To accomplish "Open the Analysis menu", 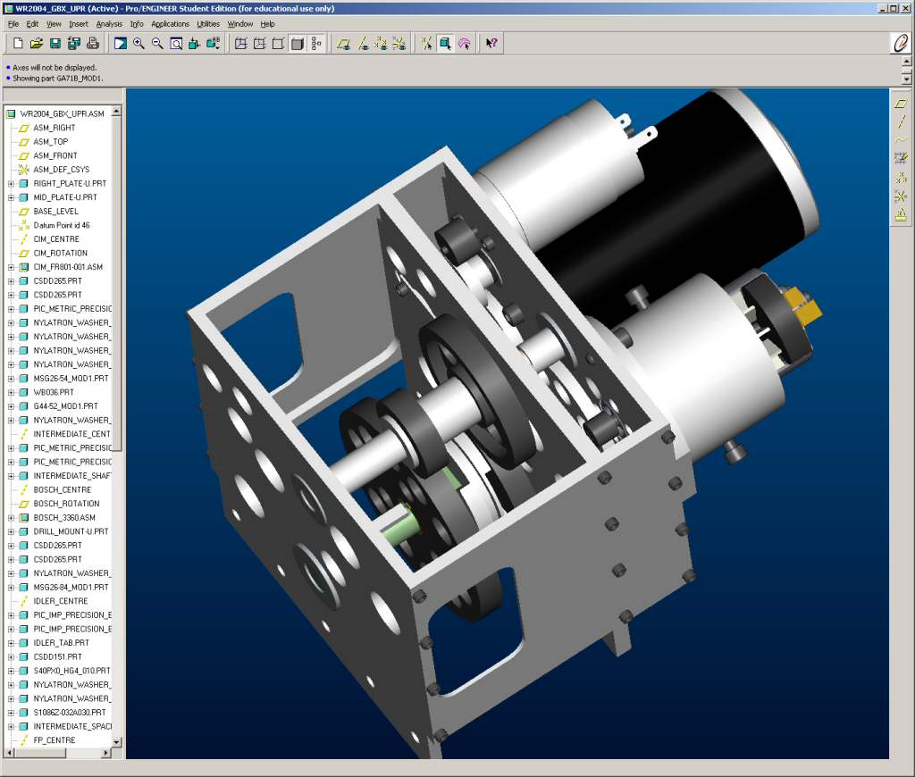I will pyautogui.click(x=109, y=24).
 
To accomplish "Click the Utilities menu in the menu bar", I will pyautogui.click(x=207, y=24).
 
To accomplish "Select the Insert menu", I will pyautogui.click(x=79, y=24).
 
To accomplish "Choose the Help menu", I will pyautogui.click(x=267, y=24).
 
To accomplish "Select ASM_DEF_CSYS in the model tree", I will pyautogui.click(x=61, y=170).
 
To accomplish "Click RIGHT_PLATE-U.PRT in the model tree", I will pyautogui.click(x=65, y=184).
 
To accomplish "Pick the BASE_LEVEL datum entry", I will pyautogui.click(x=55, y=212).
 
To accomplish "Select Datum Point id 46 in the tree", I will pyautogui.click(x=61, y=225).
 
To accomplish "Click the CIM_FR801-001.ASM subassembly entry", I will pyautogui.click(x=67, y=267).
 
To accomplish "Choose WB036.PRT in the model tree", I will pyautogui.click(x=54, y=392).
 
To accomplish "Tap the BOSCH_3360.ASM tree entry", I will pyautogui.click(x=63, y=518).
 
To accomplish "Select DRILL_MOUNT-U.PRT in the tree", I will pyautogui.click(x=71, y=531).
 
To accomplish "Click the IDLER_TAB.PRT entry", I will pyautogui.click(x=61, y=643).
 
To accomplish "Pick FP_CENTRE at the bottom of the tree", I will pyautogui.click(x=54, y=740).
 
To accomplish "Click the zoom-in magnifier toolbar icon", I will pyautogui.click(x=139, y=43).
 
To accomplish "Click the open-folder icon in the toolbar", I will pyautogui.click(x=37, y=43).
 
